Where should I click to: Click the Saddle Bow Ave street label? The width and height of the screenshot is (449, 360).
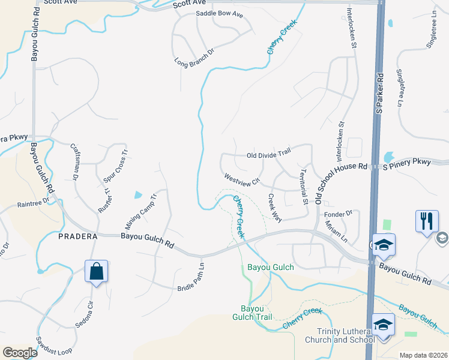219,14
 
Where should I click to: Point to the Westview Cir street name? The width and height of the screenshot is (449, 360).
242,179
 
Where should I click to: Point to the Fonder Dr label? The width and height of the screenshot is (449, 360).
337,213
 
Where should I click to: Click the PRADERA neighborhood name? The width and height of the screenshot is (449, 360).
78,236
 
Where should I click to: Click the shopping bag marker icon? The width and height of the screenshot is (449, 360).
96,271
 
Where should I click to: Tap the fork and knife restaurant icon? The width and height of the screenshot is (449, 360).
427,220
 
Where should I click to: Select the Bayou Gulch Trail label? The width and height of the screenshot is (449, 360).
252,313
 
